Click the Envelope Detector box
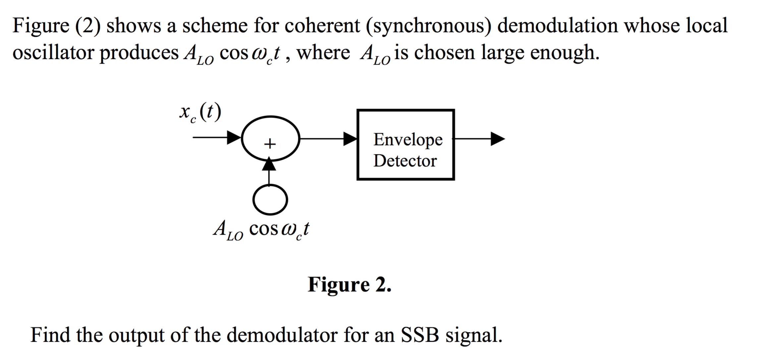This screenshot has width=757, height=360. pyautogui.click(x=405, y=145)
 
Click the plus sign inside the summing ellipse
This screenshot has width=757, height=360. pyautogui.click(x=270, y=144)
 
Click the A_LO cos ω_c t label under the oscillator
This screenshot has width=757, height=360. pyautogui.click(x=262, y=229)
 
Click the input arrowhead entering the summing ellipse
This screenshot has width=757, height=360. pyautogui.click(x=234, y=137)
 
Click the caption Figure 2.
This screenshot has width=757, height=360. pyautogui.click(x=350, y=284)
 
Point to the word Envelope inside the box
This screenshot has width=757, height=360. pyautogui.click(x=408, y=140)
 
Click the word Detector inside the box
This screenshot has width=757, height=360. pyautogui.click(x=405, y=161)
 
